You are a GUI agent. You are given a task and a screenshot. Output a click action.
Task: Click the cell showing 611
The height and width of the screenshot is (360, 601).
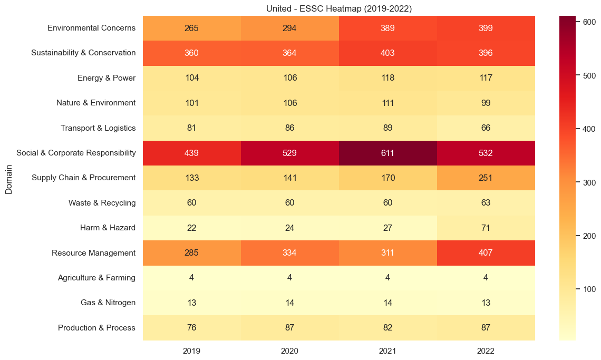(x=387, y=153)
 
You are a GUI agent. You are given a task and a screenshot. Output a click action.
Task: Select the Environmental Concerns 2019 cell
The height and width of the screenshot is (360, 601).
(x=192, y=28)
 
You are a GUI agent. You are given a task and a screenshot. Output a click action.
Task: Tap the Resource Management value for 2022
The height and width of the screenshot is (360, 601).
(x=486, y=252)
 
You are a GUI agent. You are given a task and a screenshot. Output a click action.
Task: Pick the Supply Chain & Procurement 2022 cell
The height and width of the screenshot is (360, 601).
(x=486, y=178)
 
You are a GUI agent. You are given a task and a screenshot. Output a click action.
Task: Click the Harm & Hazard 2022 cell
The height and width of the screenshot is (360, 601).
(x=486, y=228)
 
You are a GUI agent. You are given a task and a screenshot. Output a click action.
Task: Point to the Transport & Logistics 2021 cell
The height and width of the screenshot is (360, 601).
(x=387, y=128)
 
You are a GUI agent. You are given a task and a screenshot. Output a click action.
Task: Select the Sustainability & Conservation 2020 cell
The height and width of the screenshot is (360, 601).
(x=290, y=53)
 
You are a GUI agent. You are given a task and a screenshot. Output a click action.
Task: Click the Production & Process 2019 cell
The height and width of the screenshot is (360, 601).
(x=192, y=327)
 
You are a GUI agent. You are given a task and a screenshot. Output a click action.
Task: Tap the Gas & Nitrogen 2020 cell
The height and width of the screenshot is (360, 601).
(x=290, y=303)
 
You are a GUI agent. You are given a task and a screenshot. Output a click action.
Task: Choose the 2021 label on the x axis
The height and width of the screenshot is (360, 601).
(x=387, y=351)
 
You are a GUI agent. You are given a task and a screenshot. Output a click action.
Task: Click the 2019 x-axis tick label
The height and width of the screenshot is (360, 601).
(x=192, y=351)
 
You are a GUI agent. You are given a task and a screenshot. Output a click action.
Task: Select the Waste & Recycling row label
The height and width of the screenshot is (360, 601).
(x=102, y=203)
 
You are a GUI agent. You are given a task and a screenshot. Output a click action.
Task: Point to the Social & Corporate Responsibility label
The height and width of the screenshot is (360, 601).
(x=76, y=153)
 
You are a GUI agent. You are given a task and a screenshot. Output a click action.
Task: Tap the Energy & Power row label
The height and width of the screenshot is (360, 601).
(x=106, y=78)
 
